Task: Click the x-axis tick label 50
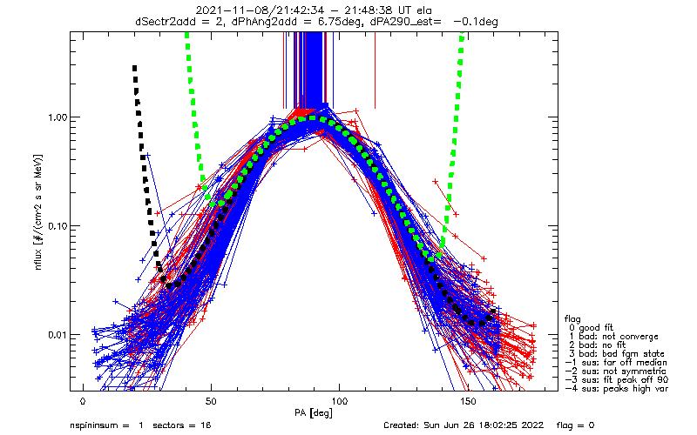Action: (x=211, y=403)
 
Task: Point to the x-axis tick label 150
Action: (x=467, y=403)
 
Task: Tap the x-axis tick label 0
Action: (x=83, y=403)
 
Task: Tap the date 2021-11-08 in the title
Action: (x=229, y=10)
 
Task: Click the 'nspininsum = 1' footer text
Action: (x=106, y=427)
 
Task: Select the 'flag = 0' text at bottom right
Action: (x=619, y=427)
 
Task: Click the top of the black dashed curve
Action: (x=134, y=67)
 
